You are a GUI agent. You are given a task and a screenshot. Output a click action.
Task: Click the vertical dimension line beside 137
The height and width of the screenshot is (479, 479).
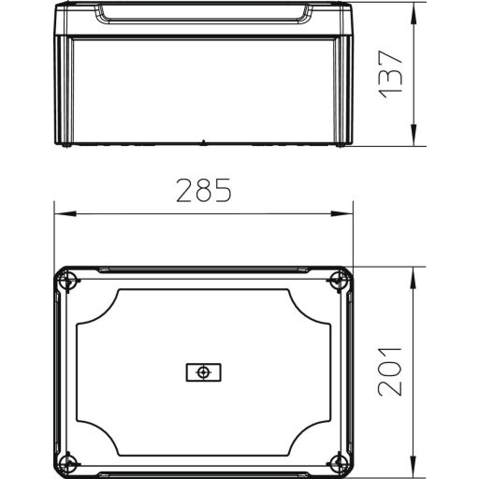coord(414,103)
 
